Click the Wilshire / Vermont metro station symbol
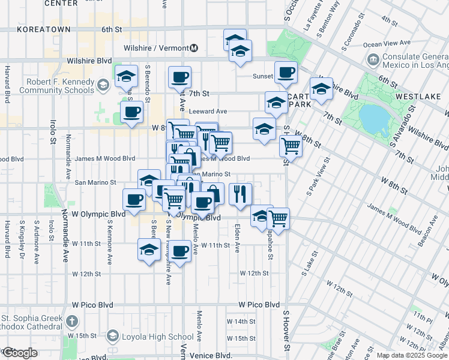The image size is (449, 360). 194,48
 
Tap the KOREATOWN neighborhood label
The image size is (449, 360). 44,29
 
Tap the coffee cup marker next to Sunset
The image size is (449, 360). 286,73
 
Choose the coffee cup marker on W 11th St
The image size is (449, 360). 179,250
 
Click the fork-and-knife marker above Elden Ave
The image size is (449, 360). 240,194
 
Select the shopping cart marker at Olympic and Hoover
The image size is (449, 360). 278,218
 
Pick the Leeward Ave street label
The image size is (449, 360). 208,111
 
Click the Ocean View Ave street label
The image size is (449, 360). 387,44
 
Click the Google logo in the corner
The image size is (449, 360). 20,353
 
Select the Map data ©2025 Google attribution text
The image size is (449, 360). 412,355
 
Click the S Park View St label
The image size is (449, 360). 318,177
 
